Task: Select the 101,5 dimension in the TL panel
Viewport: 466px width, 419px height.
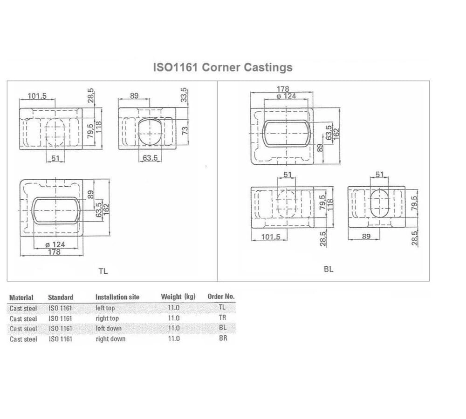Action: pos(37,96)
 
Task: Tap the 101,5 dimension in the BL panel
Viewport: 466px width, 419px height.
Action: pos(271,237)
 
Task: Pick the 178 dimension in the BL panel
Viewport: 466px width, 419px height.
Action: pos(283,89)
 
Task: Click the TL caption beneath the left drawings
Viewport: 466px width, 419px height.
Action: pos(103,271)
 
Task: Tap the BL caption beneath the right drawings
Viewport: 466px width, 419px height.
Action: pos(329,269)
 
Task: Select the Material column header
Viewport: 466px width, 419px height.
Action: pos(21,297)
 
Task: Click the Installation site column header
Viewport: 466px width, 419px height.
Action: pos(117,297)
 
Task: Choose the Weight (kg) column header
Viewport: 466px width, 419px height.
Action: pos(178,297)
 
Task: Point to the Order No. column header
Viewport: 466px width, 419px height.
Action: pos(221,297)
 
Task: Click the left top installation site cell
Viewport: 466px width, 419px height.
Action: pos(105,308)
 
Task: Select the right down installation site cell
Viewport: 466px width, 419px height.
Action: pos(110,339)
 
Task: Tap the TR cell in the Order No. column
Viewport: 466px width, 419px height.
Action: pos(222,318)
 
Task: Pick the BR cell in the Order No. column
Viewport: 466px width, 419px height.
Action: pos(223,338)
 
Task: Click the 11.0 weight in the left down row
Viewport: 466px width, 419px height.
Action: pos(174,329)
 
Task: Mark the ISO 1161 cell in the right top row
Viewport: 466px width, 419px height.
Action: pos(60,318)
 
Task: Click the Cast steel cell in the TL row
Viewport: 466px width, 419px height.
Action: pos(23,308)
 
